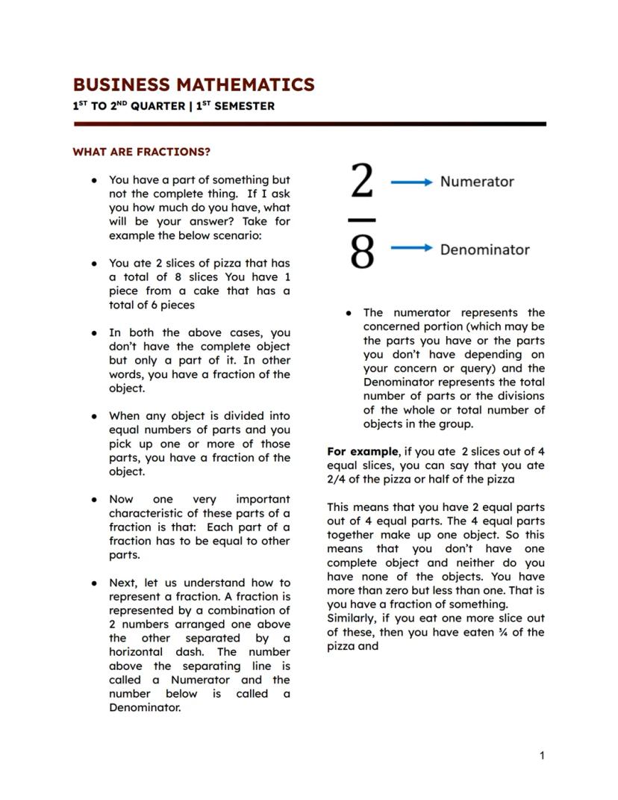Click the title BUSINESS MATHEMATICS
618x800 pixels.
(x=193, y=84)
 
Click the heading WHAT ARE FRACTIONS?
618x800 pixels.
(x=141, y=152)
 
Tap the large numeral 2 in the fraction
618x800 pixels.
(x=362, y=182)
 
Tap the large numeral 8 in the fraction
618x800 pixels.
(x=362, y=251)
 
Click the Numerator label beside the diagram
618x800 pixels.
(x=476, y=182)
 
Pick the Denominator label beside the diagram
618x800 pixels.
(x=484, y=249)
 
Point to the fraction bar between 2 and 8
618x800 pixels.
(x=362, y=220)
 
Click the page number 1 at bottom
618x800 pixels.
(x=542, y=756)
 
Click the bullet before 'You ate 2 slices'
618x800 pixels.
(x=94, y=264)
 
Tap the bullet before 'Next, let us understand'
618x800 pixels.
(x=94, y=583)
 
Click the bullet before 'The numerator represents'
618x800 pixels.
(x=349, y=313)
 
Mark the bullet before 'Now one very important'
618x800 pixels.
(x=94, y=499)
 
